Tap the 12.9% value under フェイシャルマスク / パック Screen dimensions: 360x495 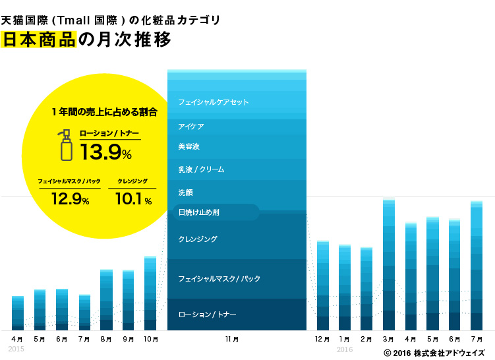tap(69, 198)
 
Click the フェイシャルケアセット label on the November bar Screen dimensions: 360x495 tap(213, 102)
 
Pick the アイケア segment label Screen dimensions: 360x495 tap(190, 126)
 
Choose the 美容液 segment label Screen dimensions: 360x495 tap(189, 146)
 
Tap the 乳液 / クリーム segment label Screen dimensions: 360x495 tap(201, 169)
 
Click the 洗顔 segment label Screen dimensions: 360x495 tap(185, 193)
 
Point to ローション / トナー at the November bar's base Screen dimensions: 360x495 tap(207, 315)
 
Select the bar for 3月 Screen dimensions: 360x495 tap(388, 264)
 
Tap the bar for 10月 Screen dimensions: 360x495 tap(150, 293)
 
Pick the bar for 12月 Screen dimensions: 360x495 tap(322, 285)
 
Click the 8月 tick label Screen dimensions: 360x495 tap(106, 339)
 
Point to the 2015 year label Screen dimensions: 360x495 tap(16, 349)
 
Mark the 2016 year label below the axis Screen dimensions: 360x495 tap(345, 349)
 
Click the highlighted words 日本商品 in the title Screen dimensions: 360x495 tap(39, 39)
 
